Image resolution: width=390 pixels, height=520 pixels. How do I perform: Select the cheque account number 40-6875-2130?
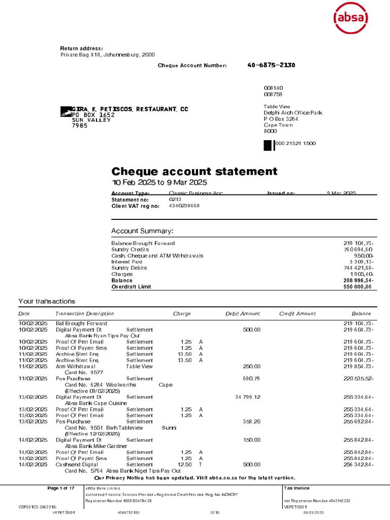tap(271, 65)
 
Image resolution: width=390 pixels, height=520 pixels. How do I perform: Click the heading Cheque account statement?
tap(194, 171)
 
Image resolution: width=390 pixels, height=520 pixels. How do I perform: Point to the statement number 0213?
tap(175, 200)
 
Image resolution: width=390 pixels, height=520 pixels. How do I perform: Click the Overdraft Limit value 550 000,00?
tap(357, 286)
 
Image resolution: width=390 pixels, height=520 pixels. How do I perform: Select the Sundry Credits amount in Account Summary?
tap(358, 249)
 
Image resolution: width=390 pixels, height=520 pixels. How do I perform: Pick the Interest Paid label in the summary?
tap(127, 262)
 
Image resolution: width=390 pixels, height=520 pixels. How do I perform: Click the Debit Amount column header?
tap(243, 314)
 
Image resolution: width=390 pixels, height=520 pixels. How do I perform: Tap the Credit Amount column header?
tap(298, 314)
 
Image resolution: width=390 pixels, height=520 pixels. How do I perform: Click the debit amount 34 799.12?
tap(248, 397)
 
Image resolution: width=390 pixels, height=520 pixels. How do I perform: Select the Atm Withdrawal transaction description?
tap(75, 366)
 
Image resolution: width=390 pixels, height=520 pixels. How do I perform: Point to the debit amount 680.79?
tap(251, 378)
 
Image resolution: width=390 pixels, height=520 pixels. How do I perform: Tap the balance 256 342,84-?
tap(359, 464)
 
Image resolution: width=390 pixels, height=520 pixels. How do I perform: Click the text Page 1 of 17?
tap(61, 488)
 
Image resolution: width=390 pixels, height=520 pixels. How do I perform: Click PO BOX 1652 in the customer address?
tap(93, 115)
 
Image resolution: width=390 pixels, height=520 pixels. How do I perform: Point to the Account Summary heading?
tap(142, 231)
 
